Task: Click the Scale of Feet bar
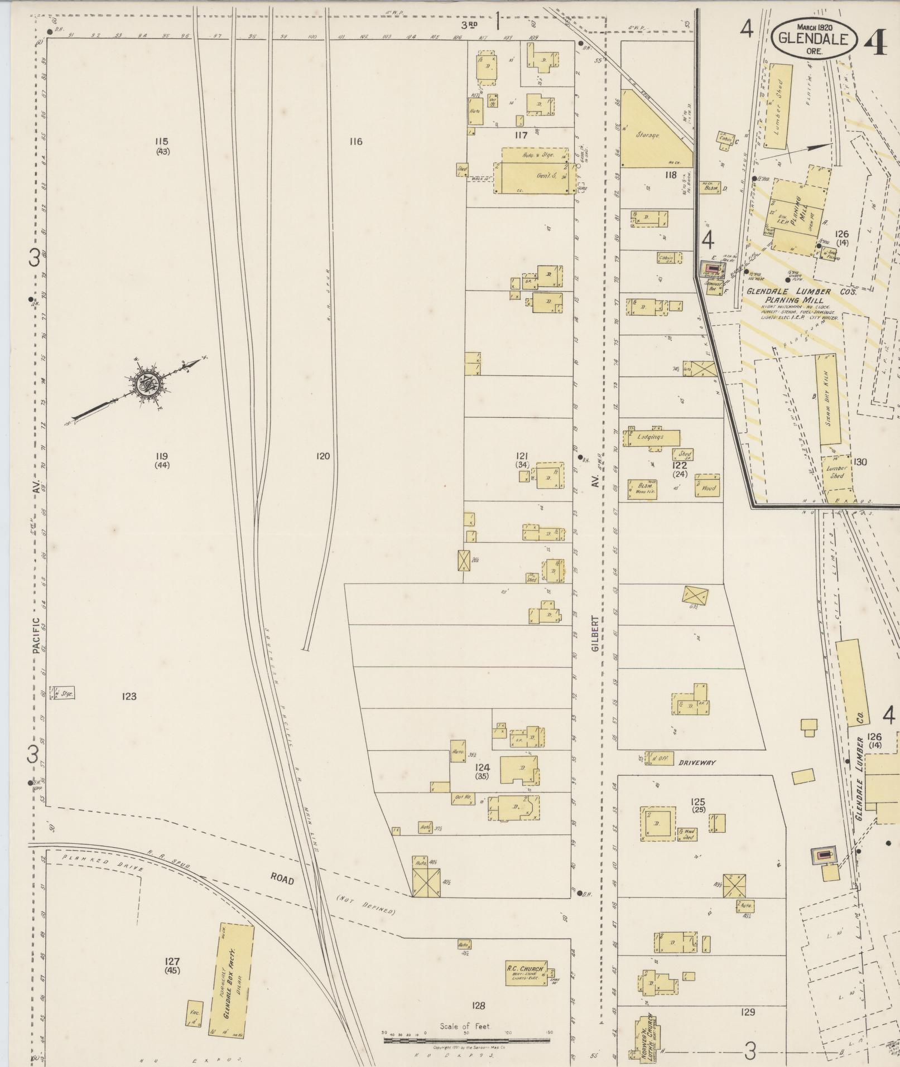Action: [466, 1040]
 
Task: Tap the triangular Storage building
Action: [650, 134]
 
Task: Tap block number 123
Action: [129, 696]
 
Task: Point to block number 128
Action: [478, 1006]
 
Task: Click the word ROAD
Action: [282, 877]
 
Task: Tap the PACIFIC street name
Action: [36, 635]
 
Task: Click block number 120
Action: [323, 456]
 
